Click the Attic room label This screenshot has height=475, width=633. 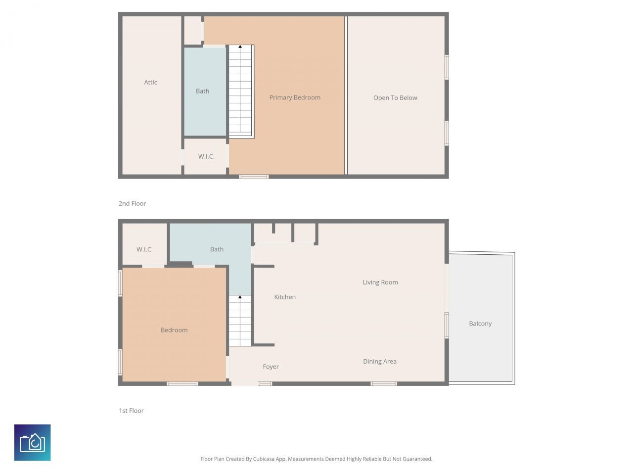click(150, 83)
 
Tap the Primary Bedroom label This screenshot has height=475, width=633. click(295, 97)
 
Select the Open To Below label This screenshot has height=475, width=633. click(395, 98)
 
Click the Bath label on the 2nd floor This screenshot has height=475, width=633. click(202, 91)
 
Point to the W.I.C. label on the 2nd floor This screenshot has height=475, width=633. click(206, 157)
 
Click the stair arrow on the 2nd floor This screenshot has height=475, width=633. click(240, 47)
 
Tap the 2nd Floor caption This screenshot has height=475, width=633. click(132, 203)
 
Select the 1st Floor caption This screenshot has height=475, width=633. click(131, 411)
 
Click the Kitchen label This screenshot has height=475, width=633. click(285, 297)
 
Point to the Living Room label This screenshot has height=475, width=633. click(380, 283)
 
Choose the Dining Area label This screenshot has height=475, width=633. click(380, 362)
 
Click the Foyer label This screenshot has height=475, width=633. click(271, 367)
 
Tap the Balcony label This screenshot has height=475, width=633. click(480, 324)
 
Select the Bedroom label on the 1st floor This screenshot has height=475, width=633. click(174, 330)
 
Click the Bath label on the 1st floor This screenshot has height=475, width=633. click(217, 249)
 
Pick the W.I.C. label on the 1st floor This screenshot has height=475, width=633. click(144, 249)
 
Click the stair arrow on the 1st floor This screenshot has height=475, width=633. click(240, 297)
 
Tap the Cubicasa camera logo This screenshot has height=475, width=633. click(33, 442)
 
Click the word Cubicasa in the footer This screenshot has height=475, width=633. click(264, 459)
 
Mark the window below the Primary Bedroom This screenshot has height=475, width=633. click(254, 177)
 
